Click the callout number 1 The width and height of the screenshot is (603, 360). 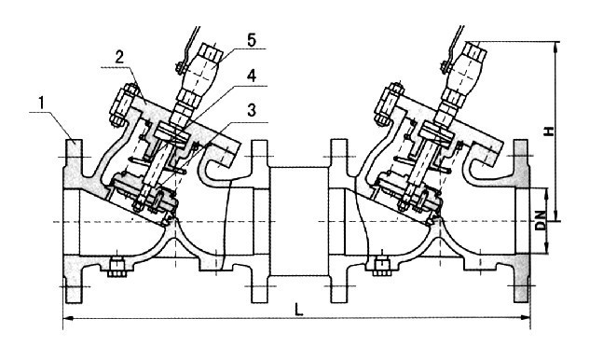[x=42, y=104]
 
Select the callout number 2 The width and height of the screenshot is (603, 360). [x=119, y=58]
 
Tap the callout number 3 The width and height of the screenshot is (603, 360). [x=251, y=110]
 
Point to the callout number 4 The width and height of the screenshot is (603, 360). [x=251, y=76]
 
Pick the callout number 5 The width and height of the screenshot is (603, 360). [x=251, y=40]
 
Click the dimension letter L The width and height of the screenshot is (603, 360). [x=298, y=310]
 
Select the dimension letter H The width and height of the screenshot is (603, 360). [x=550, y=131]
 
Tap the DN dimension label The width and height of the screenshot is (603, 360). [x=541, y=221]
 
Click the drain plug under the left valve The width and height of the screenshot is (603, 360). [x=116, y=268]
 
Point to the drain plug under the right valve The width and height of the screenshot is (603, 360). [x=381, y=267]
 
